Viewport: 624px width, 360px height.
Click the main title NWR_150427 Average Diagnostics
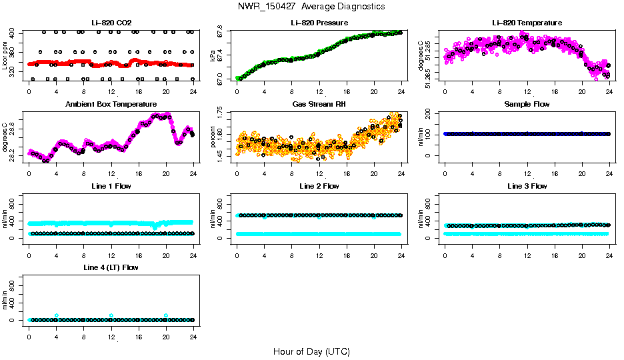(311, 6)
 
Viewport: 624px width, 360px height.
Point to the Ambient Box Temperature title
(111, 104)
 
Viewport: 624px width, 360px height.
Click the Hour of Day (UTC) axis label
(311, 351)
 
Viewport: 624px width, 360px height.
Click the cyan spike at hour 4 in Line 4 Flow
(57, 315)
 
